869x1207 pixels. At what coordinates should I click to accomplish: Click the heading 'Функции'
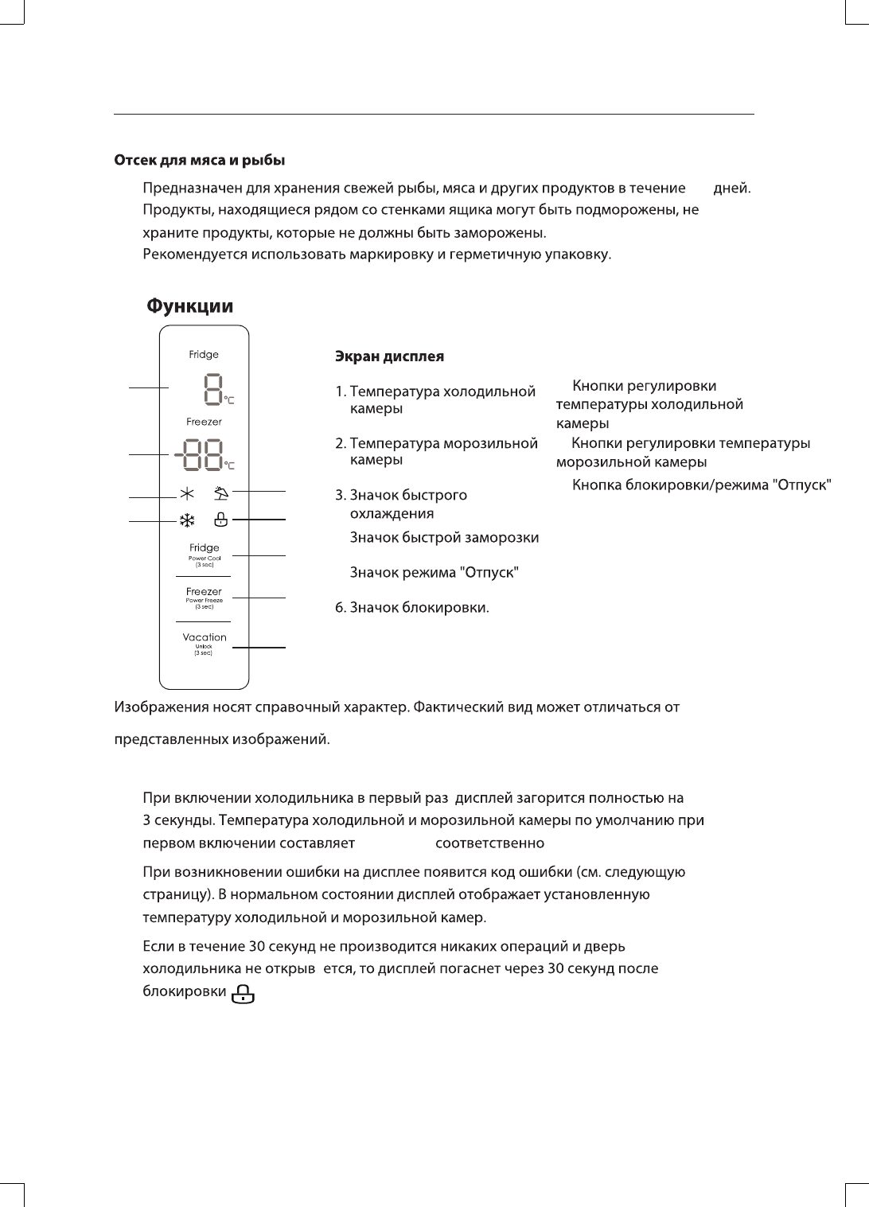[x=191, y=306]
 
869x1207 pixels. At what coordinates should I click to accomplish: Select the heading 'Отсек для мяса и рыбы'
[x=201, y=161]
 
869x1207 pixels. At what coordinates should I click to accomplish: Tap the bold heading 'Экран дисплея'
[x=389, y=356]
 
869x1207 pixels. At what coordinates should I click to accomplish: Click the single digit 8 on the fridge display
[x=212, y=389]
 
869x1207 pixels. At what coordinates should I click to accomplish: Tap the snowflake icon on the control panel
[x=187, y=521]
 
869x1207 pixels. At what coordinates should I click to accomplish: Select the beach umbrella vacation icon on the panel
[x=221, y=493]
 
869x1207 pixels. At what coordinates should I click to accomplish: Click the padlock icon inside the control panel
[x=221, y=520]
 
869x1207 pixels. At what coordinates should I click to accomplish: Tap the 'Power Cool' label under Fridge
[x=205, y=559]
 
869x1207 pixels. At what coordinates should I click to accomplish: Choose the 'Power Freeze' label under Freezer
[x=205, y=601]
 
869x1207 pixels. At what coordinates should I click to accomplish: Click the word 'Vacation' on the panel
[x=205, y=637]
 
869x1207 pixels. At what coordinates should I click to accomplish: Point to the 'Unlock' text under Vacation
[x=205, y=647]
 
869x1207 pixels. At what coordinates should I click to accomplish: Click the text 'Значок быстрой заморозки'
[x=445, y=538]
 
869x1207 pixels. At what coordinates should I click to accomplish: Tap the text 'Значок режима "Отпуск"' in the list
[x=434, y=573]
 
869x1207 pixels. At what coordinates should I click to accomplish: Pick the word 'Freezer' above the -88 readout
[x=205, y=422]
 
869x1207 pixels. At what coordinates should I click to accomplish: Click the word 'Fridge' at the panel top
[x=204, y=355]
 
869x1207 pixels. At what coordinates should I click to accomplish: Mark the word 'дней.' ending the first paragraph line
[x=733, y=189]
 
